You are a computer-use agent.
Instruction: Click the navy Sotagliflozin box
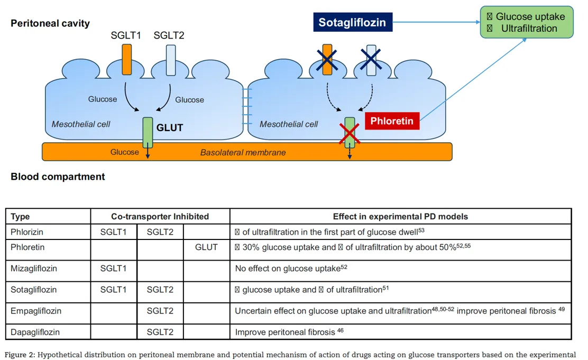[x=352, y=23]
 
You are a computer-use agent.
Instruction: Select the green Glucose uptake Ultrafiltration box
[x=526, y=22]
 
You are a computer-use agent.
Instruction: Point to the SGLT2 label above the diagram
[x=169, y=35]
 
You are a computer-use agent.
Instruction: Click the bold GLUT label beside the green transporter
[x=169, y=127]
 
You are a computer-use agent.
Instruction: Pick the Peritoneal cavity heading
[x=50, y=23]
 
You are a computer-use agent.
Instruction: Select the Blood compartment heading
[x=58, y=177]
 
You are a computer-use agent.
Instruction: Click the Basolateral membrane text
[x=243, y=152]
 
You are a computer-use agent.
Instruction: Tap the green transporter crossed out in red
[x=350, y=132]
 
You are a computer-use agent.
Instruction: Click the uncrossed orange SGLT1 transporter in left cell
[x=126, y=59]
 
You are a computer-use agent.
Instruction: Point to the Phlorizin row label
[x=27, y=232]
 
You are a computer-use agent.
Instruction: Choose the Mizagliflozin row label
[x=34, y=269]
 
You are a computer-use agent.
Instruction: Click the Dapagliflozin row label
[x=35, y=332]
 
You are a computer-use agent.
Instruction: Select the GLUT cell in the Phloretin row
[x=206, y=247]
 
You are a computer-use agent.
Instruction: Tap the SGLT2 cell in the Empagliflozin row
[x=160, y=311]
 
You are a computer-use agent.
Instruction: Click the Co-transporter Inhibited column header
[x=160, y=216]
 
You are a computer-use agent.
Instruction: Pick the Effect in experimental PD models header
[x=400, y=216]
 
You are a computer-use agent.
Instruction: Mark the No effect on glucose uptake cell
[x=291, y=269]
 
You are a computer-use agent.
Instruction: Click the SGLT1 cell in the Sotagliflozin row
[x=114, y=290]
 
